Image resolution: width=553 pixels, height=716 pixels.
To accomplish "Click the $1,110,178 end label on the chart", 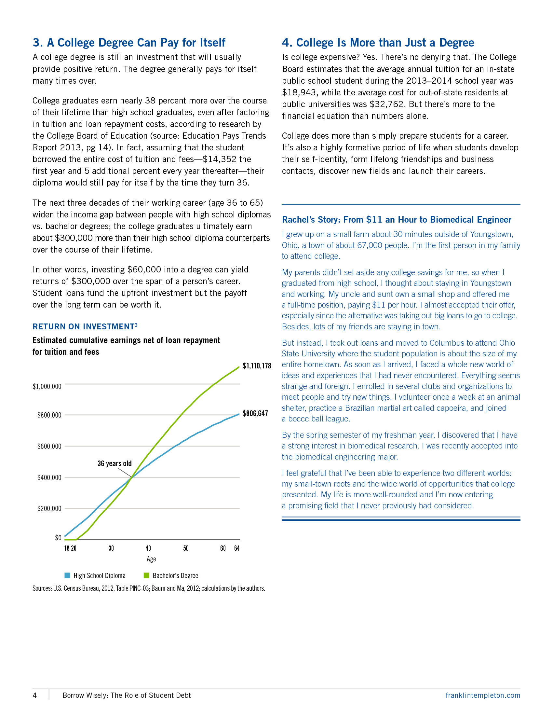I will click(x=257, y=366).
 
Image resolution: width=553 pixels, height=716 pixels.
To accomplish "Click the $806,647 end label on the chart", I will click(x=255, y=413).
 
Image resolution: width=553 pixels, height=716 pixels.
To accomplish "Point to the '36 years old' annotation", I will click(x=114, y=463).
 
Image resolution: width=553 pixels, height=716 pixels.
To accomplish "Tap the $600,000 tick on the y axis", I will click(x=49, y=446).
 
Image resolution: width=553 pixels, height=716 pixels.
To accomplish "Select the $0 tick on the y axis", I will click(x=58, y=538).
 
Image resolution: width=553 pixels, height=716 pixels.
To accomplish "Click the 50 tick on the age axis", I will click(x=186, y=548).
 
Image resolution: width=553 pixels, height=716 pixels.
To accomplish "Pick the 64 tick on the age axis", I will click(x=237, y=548).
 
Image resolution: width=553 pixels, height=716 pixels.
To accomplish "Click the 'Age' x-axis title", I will click(x=151, y=559).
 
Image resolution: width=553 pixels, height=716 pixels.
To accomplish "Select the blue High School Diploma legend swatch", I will click(x=67, y=575).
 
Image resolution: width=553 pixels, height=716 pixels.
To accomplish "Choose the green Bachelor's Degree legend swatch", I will click(x=147, y=575).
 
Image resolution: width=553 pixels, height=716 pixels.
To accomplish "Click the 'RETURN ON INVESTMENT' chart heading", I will click(x=84, y=327).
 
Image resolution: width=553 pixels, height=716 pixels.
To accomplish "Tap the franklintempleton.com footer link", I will click(x=482, y=695).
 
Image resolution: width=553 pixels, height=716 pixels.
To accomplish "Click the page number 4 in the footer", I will click(x=35, y=695).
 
